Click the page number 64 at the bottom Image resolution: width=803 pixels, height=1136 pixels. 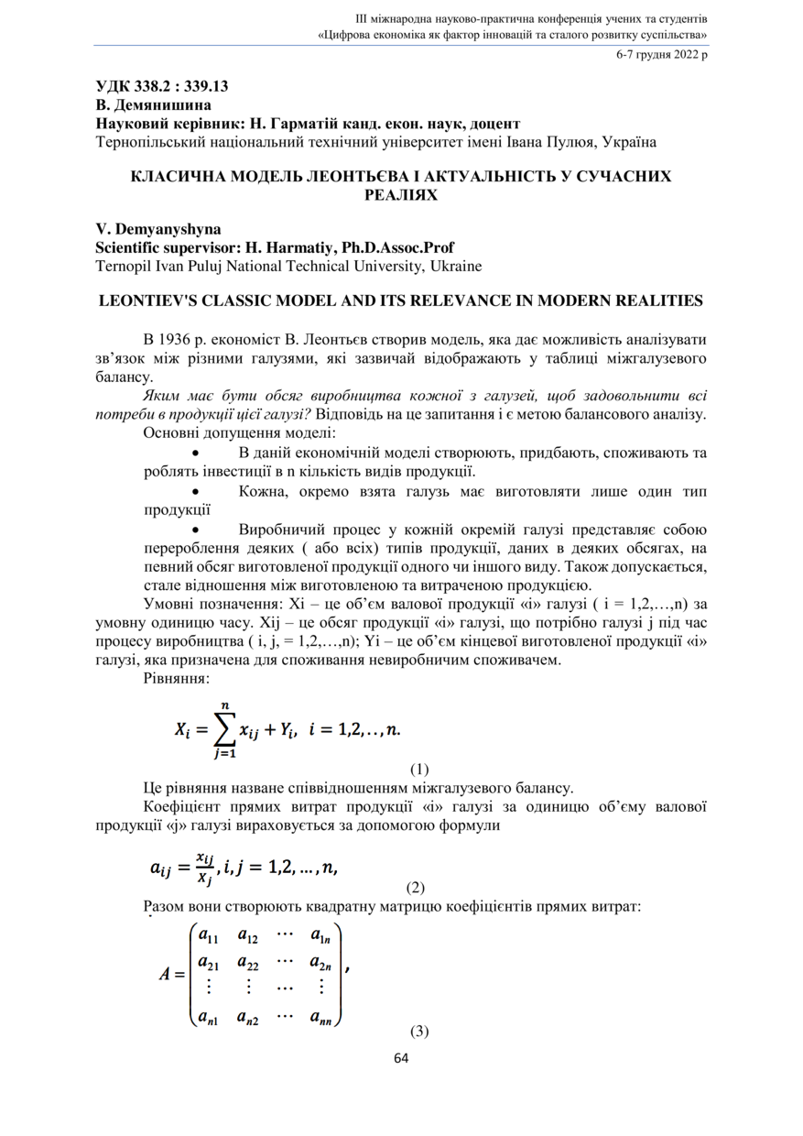(401, 1058)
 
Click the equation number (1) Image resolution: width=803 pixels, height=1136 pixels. (419, 770)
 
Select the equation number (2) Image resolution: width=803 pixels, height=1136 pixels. (416, 887)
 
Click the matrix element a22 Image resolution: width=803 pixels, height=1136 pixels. (247, 963)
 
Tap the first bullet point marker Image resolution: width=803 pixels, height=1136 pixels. (194, 453)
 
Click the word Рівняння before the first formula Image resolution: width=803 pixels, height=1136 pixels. (176, 678)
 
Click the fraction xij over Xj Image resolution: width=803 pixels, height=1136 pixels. (205, 867)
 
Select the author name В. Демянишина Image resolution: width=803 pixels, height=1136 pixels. (153, 105)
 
